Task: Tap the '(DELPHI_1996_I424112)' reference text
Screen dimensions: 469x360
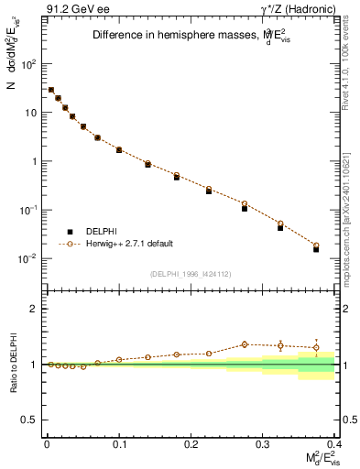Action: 191,272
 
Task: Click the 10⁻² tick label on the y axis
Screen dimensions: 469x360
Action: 29,258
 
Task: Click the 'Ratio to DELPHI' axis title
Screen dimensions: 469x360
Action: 12,364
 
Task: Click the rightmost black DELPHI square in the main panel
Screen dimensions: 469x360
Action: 316,249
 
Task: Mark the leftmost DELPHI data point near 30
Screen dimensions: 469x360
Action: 51,90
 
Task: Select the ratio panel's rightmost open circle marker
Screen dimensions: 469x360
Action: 316,347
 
